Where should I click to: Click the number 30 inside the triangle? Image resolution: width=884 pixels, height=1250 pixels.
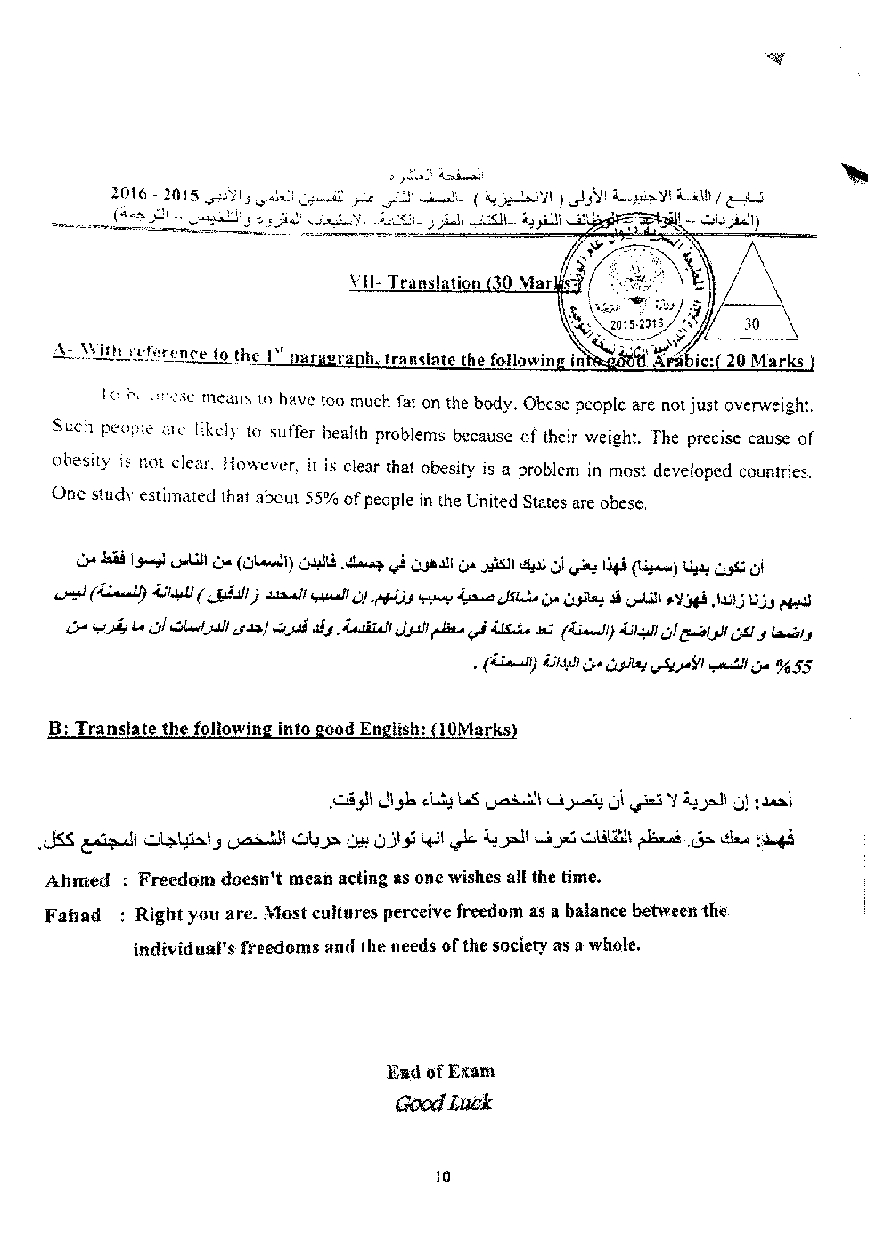click(751, 324)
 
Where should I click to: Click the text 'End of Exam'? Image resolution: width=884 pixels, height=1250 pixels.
click(440, 1072)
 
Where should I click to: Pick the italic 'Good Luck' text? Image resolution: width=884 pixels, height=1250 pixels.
click(443, 1103)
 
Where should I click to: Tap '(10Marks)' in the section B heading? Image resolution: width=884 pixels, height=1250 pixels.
click(473, 729)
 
